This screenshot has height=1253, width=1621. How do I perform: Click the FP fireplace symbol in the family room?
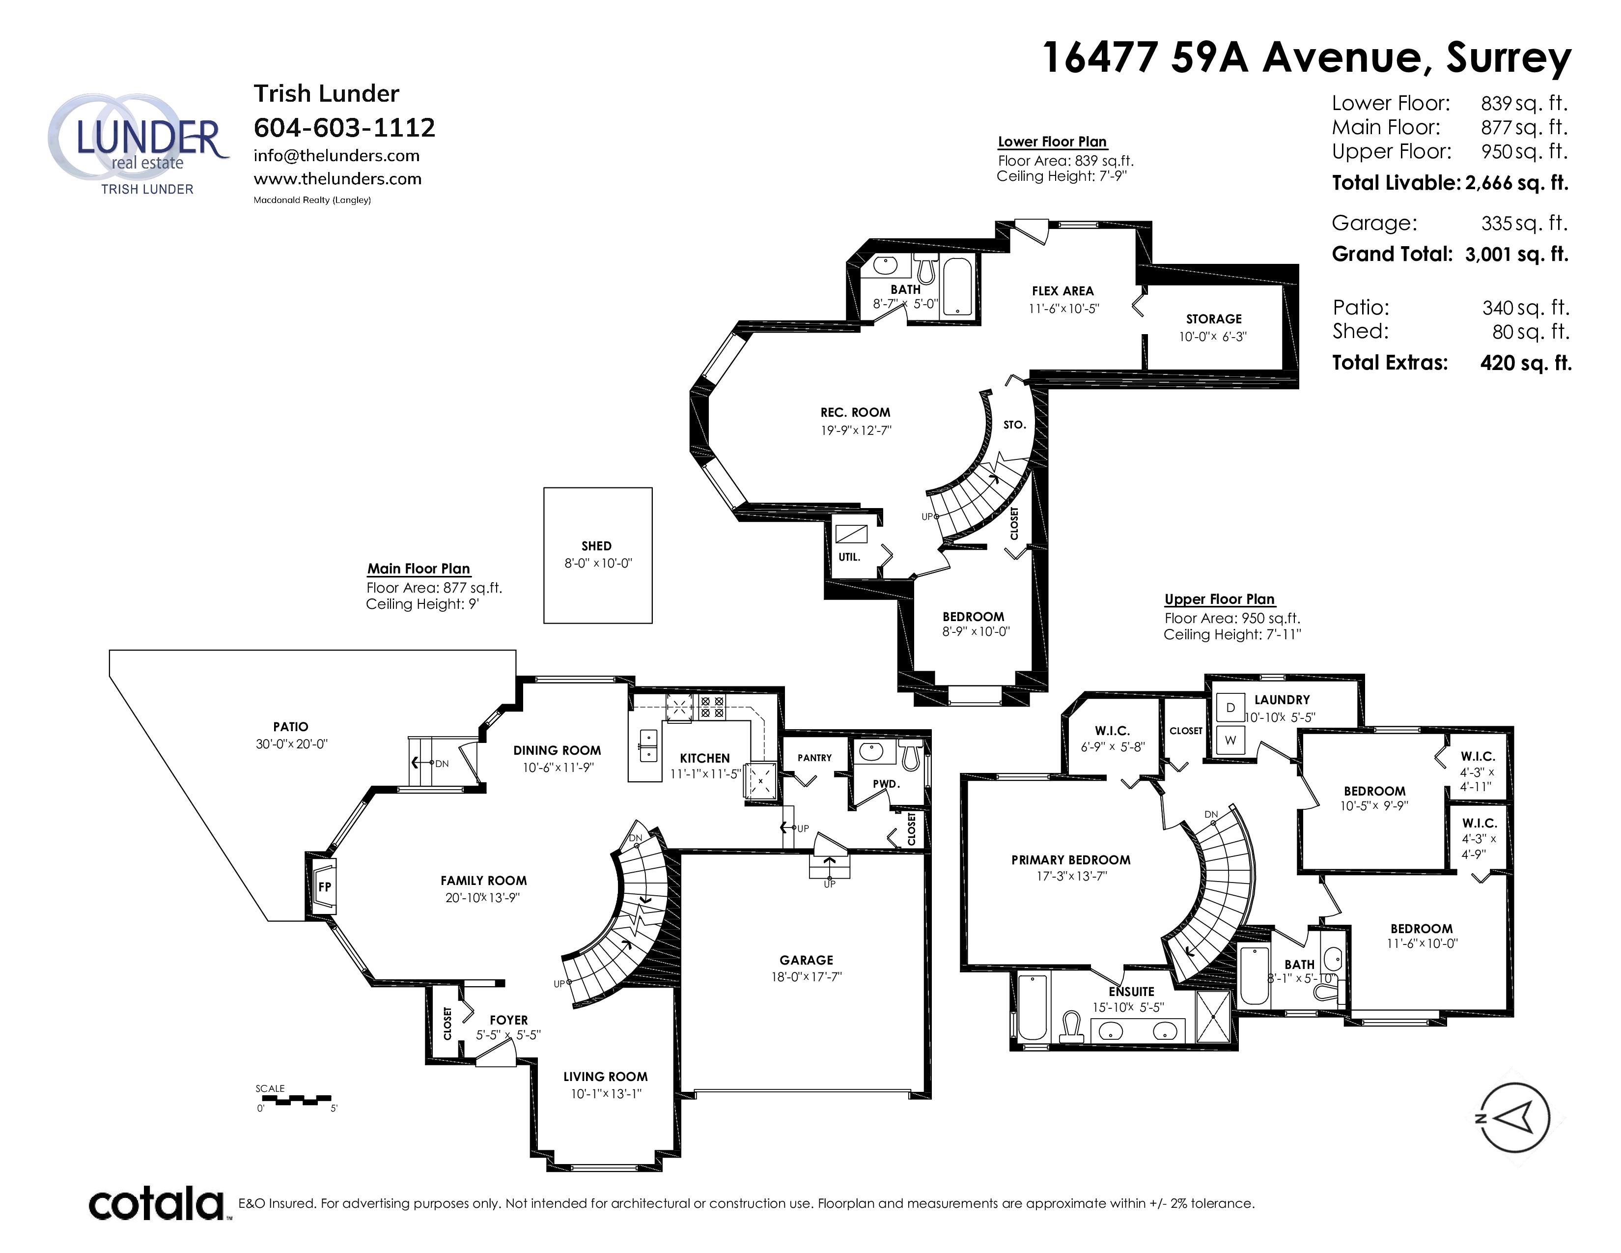tap(324, 886)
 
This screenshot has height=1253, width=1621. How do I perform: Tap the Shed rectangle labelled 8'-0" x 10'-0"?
tap(597, 555)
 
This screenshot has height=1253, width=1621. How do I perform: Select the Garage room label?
tap(806, 960)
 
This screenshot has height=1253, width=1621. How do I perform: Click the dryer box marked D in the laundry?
tap(1230, 708)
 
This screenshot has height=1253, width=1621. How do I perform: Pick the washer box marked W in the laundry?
tap(1230, 740)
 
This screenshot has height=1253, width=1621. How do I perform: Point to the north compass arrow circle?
tap(1514, 1117)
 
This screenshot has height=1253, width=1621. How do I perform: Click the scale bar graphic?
tap(295, 1099)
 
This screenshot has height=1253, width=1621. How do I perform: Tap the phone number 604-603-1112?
tap(344, 128)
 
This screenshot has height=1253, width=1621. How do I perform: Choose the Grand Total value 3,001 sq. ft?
tap(1516, 255)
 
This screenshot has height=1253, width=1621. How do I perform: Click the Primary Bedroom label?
tap(1070, 859)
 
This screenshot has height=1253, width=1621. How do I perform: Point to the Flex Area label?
tap(1063, 291)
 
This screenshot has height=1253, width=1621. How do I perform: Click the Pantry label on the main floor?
tap(814, 758)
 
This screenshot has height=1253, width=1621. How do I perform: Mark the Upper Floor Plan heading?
tap(1220, 599)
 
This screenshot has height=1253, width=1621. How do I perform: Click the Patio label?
tap(290, 727)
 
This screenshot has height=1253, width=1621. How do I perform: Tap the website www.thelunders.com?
tap(338, 179)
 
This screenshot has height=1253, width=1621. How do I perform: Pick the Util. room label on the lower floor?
tap(849, 557)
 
